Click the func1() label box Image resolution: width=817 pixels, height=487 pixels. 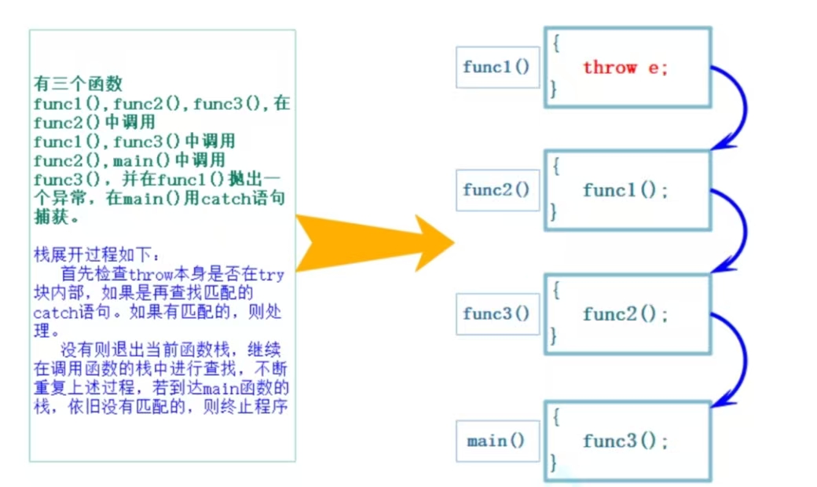pos(497,68)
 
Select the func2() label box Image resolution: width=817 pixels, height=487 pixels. pos(497,190)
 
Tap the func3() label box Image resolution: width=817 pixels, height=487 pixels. pos(497,313)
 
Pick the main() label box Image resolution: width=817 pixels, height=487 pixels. pos(496,441)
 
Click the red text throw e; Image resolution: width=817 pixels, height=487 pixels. pos(625,68)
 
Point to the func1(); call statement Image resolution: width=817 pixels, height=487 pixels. pos(625,190)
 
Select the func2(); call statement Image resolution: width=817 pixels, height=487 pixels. pos(625,314)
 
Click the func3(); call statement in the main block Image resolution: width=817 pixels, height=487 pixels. pos(625,441)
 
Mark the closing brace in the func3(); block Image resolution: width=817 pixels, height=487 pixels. pos(555,461)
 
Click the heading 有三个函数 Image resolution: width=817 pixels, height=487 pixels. pos(78,84)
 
